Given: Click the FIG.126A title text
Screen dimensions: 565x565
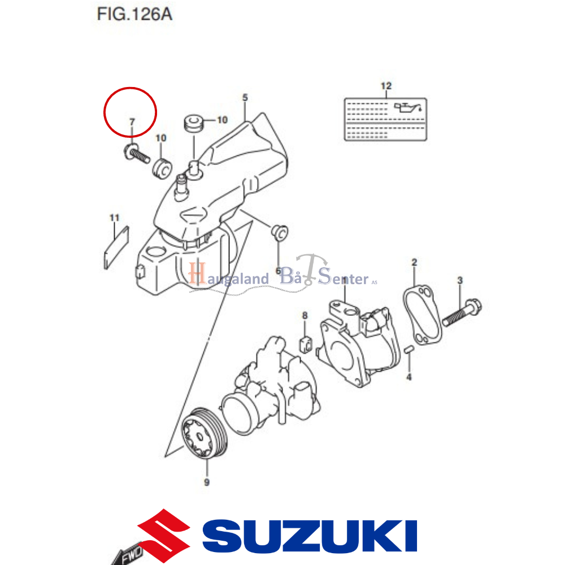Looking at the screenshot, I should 134,14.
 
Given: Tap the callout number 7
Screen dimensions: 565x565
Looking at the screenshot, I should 132,121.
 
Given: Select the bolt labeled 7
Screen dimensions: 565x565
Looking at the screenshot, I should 134,152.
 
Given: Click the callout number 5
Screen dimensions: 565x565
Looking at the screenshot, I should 245,98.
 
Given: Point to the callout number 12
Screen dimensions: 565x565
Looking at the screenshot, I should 386,86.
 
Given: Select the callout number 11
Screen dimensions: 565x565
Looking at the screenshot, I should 115,218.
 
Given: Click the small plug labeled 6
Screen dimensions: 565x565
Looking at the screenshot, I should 279,231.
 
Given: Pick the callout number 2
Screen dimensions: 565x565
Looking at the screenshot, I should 414,262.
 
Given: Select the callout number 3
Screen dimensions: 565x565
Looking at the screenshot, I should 460,280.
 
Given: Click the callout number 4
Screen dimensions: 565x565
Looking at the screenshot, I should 409,376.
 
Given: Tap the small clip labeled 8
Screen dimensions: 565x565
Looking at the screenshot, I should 305,343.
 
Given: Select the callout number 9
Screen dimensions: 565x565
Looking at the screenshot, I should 206,482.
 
